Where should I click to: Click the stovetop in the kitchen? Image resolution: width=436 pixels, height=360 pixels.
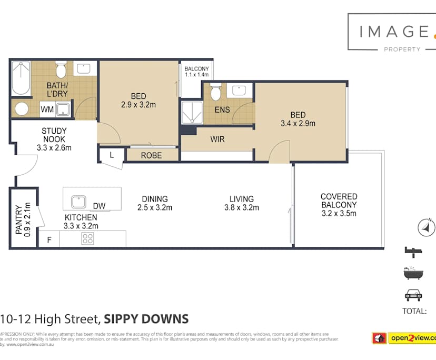point(87,239)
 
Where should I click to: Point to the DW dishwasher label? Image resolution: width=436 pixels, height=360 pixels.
point(98,206)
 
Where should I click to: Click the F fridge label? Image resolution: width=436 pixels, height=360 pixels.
point(49,240)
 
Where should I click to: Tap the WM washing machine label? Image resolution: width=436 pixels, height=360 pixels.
point(47,109)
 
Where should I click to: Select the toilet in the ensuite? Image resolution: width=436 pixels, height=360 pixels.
point(215,93)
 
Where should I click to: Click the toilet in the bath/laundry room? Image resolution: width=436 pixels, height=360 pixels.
point(61,69)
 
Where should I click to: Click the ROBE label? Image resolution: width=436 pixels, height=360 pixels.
point(152,156)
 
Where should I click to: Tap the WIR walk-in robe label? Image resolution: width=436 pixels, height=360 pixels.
point(218,140)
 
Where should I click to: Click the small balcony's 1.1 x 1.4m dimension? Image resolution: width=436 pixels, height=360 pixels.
point(197,75)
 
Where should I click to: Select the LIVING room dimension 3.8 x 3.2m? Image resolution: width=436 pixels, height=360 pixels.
point(241,207)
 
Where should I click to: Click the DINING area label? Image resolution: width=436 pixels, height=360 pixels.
point(155,199)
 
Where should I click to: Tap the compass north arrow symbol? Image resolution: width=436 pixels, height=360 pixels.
point(427,228)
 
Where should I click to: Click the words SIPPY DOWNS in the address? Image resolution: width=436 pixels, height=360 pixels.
point(146,319)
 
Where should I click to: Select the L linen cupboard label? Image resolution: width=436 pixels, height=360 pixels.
point(112,155)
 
